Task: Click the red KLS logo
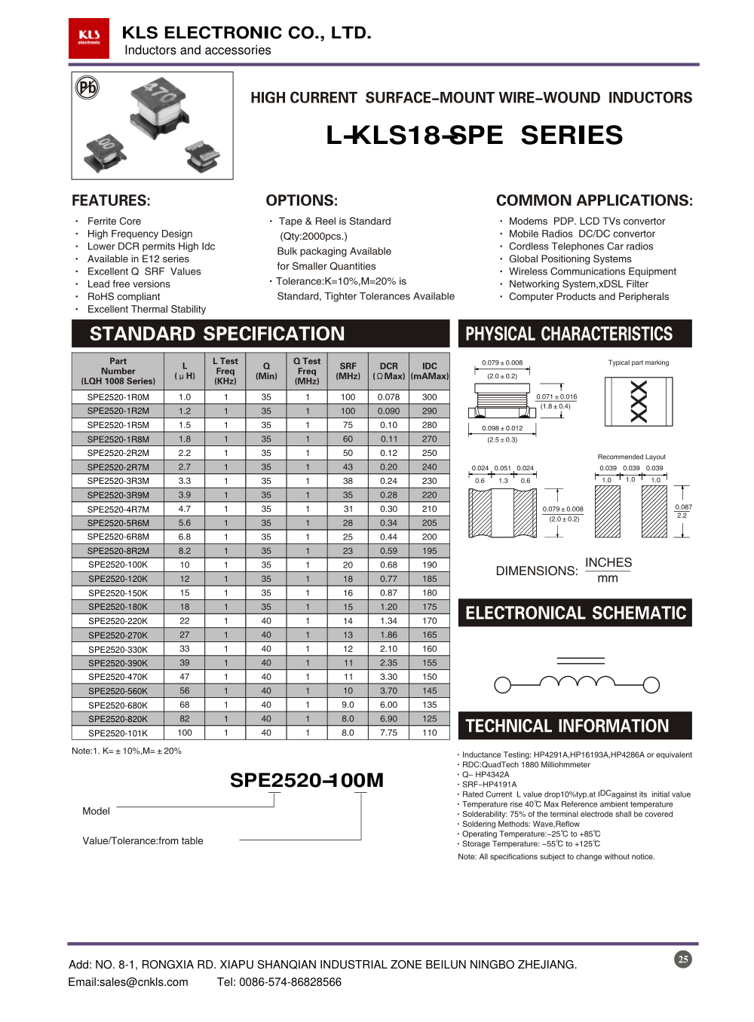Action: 89,38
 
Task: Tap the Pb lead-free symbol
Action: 87,88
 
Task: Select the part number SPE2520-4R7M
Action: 118,509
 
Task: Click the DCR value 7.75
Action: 388,733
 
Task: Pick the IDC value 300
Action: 429,396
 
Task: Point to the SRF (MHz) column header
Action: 348,371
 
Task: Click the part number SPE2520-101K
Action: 118,733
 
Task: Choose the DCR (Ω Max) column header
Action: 388,371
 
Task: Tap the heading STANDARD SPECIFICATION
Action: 217,334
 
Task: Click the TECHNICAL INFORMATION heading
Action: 567,726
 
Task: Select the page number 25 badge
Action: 683,959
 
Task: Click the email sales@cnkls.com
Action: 128,982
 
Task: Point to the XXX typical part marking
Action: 639,401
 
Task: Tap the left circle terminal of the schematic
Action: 502,684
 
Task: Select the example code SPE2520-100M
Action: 306,780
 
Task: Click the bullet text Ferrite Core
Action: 114,221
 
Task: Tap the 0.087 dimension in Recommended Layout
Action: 683,507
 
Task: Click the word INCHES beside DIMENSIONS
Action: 608,562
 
